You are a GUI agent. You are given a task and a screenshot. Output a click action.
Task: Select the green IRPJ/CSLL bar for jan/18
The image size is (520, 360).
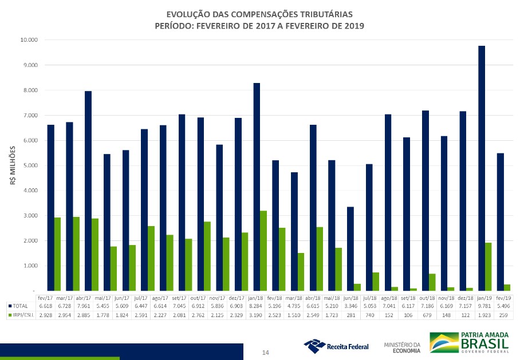pyautogui.click(x=263, y=251)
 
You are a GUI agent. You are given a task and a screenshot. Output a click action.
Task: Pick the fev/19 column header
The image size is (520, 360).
pyautogui.click(x=504, y=298)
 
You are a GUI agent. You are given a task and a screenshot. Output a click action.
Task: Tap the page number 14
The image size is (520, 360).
pyautogui.click(x=265, y=353)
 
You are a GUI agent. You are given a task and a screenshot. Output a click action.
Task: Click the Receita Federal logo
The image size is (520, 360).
pyautogui.click(x=336, y=346)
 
